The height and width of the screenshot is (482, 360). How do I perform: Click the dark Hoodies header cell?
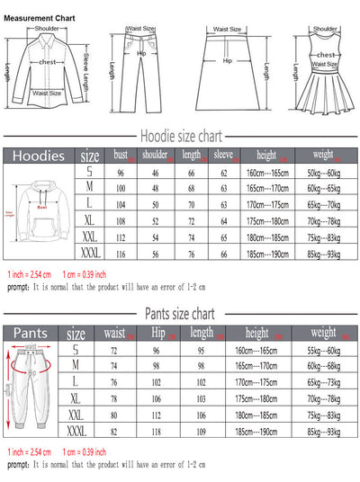39,156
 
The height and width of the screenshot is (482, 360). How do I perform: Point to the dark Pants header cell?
33,332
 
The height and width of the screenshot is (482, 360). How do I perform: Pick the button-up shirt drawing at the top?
48,72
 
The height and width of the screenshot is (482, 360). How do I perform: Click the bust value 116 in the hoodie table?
120,255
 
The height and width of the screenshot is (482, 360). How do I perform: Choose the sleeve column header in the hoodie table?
223,155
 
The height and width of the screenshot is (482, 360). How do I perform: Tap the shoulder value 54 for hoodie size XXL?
156,238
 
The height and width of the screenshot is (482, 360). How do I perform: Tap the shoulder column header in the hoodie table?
156,155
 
